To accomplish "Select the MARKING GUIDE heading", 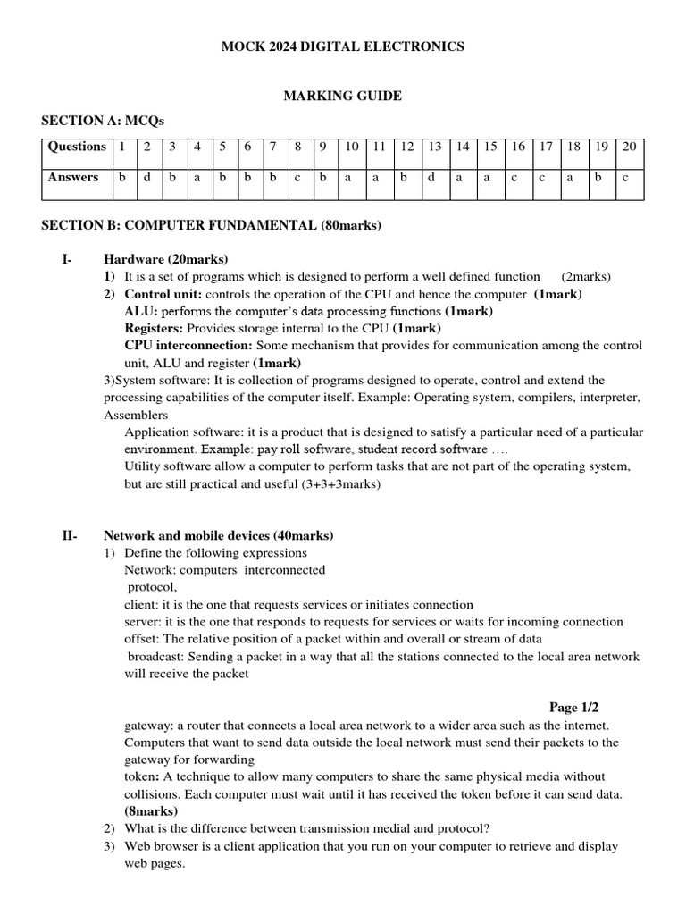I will coord(342,96).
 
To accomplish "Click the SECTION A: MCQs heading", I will coord(103,121).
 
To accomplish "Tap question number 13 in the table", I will coord(435,147).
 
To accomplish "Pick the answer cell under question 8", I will coord(297,178).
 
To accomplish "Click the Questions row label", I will coord(77,147).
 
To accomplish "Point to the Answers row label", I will coord(73,178).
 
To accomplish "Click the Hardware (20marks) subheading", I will coord(166,259).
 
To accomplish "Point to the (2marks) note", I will coord(586,276).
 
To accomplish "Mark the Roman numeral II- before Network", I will coord(70,536).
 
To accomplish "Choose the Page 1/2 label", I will coord(573,707).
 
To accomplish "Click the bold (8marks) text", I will coord(151,810).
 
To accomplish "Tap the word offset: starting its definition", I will coord(141,639).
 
